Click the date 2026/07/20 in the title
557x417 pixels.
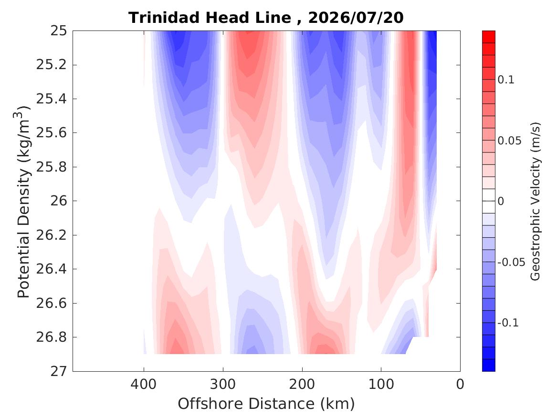[356, 17]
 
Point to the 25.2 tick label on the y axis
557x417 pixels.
[52, 65]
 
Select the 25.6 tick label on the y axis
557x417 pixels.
[52, 132]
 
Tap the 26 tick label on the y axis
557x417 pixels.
[59, 201]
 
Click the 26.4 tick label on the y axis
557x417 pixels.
[52, 269]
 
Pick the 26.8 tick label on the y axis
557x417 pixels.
[52, 337]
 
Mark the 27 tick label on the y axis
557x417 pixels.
[59, 371]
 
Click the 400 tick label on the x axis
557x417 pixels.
[144, 384]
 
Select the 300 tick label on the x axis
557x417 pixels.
[223, 384]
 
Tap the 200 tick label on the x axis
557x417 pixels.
[302, 384]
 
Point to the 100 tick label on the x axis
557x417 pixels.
[381, 384]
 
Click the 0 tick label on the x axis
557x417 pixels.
[460, 384]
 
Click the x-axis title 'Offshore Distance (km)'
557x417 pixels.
[266, 404]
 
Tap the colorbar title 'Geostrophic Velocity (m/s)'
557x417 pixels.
[536, 201]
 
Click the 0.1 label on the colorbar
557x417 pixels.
[506, 80]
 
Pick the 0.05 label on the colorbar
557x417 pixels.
[509, 141]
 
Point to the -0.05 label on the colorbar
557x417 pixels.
[511, 262]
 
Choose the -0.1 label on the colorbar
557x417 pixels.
[508, 323]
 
